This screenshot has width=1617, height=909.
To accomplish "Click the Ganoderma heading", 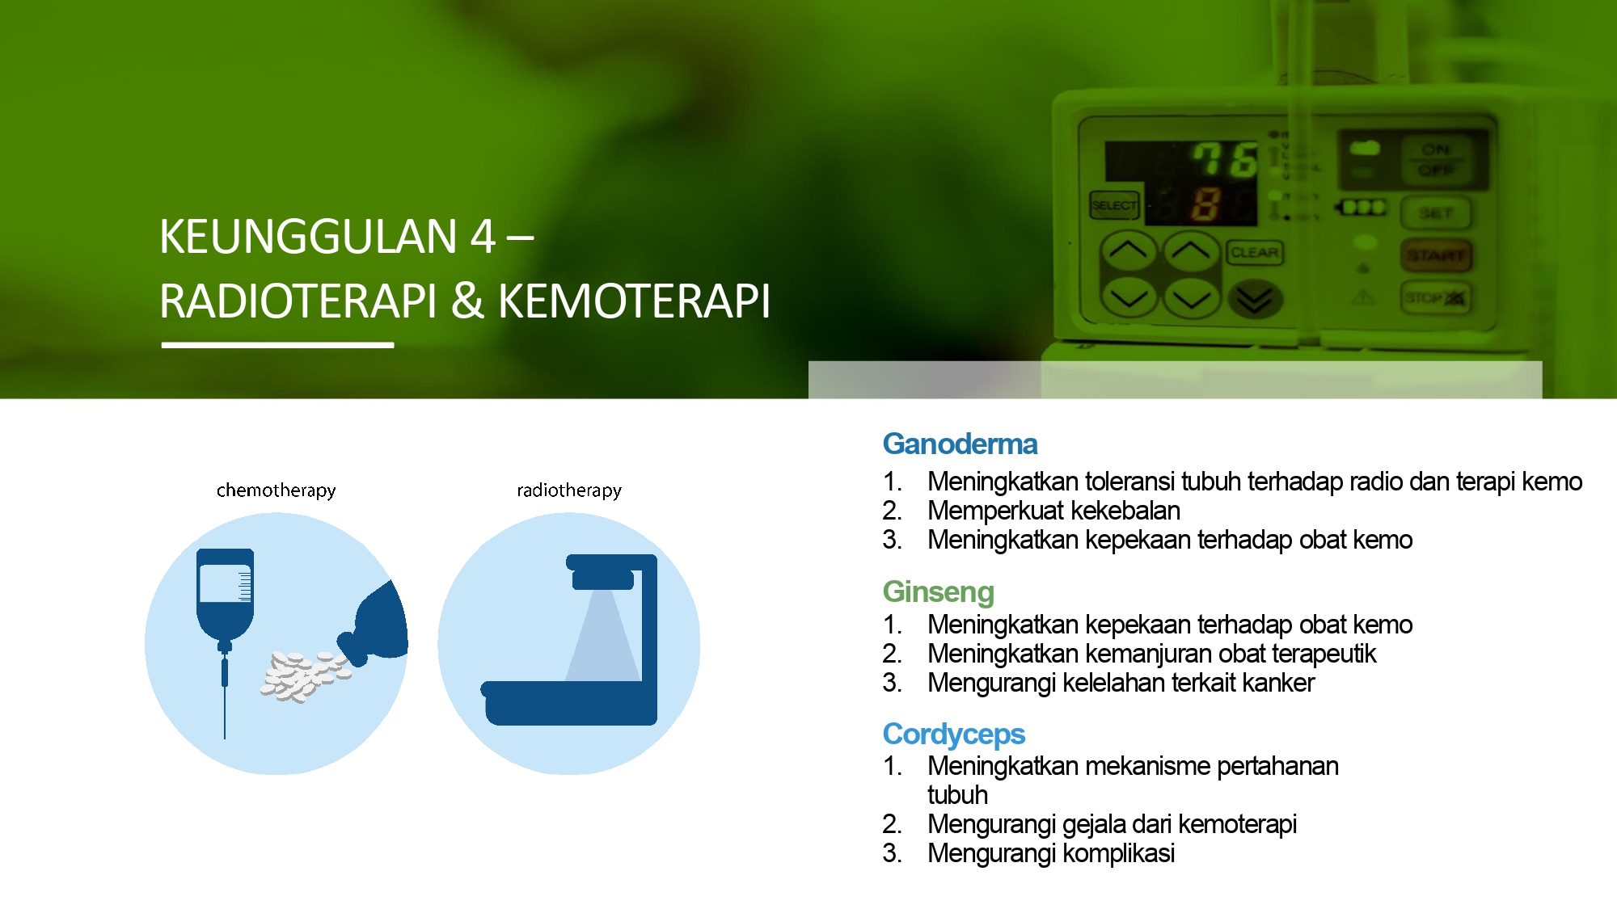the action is [x=960, y=444].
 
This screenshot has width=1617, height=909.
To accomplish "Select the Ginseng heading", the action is [x=938, y=592].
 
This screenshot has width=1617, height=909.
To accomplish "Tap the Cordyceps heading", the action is [x=954, y=734].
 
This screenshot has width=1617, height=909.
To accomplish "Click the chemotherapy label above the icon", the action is [x=276, y=490].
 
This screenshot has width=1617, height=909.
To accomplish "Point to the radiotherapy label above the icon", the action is [x=569, y=490].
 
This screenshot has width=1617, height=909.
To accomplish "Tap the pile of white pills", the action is [x=303, y=676].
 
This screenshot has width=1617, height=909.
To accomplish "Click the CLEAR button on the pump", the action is [x=1254, y=253].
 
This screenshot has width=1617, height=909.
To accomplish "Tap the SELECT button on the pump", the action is [x=1114, y=205].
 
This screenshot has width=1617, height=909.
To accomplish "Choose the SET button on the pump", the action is [x=1436, y=213].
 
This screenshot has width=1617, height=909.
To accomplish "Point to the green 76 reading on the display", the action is [x=1226, y=159].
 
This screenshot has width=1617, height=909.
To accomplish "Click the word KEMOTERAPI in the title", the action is [x=634, y=301].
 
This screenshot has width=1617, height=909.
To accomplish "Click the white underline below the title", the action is [x=277, y=345].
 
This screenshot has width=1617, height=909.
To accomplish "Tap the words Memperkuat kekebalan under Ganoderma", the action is [x=1053, y=511].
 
